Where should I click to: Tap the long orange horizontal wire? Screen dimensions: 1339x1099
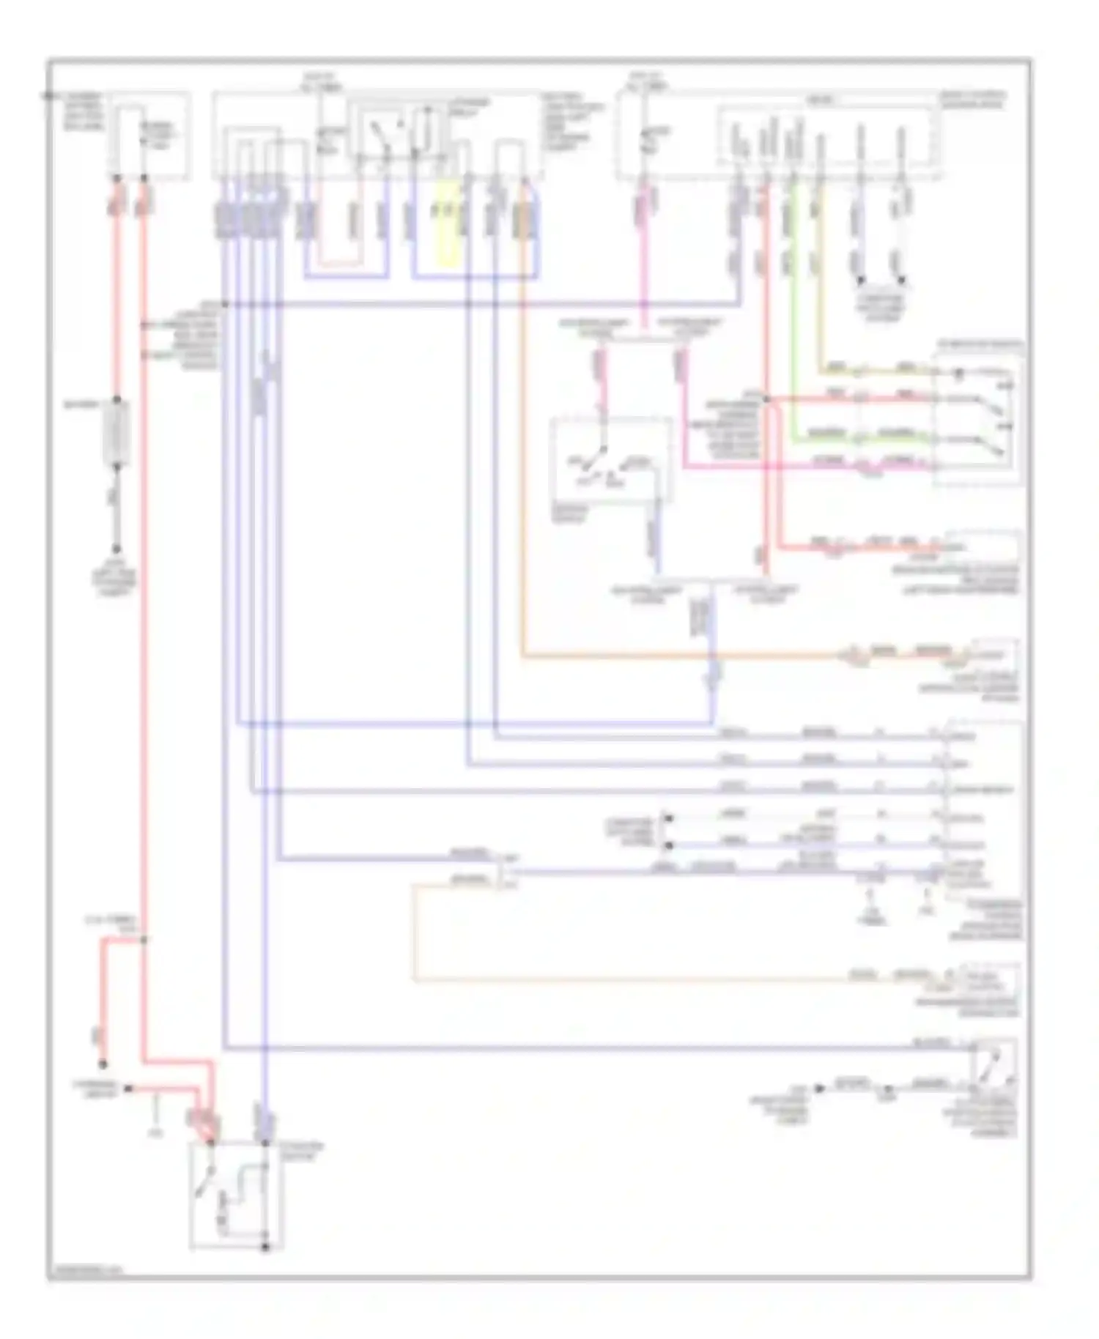pyautogui.click(x=681, y=656)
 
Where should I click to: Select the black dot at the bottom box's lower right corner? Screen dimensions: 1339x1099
pyautogui.click(x=265, y=1246)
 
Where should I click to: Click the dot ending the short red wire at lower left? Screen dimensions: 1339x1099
pyautogui.click(x=103, y=1064)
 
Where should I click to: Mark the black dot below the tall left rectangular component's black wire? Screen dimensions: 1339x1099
pyautogui.click(x=116, y=549)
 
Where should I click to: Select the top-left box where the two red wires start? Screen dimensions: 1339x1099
pyautogui.click(x=150, y=136)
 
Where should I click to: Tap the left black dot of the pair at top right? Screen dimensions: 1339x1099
pyautogui.click(x=861, y=281)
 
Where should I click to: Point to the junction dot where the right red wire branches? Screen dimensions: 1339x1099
pyautogui.click(x=766, y=399)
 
